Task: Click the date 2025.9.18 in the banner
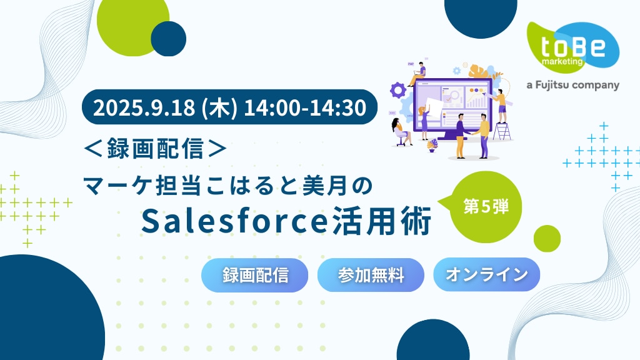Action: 144,107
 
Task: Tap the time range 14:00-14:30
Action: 304,107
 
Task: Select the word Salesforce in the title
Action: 234,221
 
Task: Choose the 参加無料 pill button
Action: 371,275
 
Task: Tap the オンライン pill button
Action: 486,274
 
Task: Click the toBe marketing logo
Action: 573,47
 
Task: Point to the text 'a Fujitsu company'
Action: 572,85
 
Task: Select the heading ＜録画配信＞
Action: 155,149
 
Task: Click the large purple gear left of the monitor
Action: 398,90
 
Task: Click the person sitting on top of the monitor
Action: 418,74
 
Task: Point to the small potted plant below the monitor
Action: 432,145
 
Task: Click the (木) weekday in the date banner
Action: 219,108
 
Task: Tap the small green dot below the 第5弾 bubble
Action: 547,238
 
